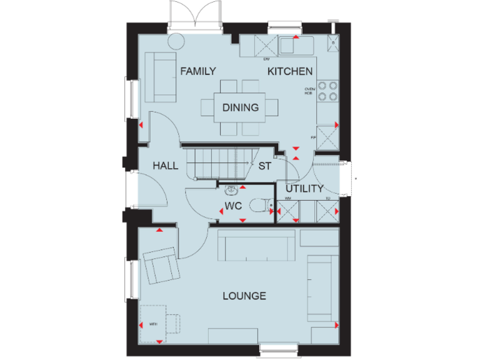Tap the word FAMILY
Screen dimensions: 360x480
pyautogui.click(x=198, y=71)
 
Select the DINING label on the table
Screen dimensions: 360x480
pyautogui.click(x=241, y=107)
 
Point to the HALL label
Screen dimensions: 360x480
pyautogui.click(x=166, y=166)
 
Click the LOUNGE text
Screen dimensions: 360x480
pyautogui.click(x=244, y=296)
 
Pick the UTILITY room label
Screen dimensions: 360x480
pyautogui.click(x=304, y=188)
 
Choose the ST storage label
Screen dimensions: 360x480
pyautogui.click(x=264, y=166)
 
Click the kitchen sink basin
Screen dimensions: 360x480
pyautogui.click(x=289, y=45)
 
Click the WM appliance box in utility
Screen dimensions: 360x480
pyautogui.click(x=287, y=211)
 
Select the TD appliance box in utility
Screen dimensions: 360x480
pyautogui.click(x=327, y=211)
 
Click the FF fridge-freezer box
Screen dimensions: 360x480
pyautogui.click(x=327, y=140)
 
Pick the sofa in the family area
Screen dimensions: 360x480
pyautogui.click(x=161, y=77)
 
